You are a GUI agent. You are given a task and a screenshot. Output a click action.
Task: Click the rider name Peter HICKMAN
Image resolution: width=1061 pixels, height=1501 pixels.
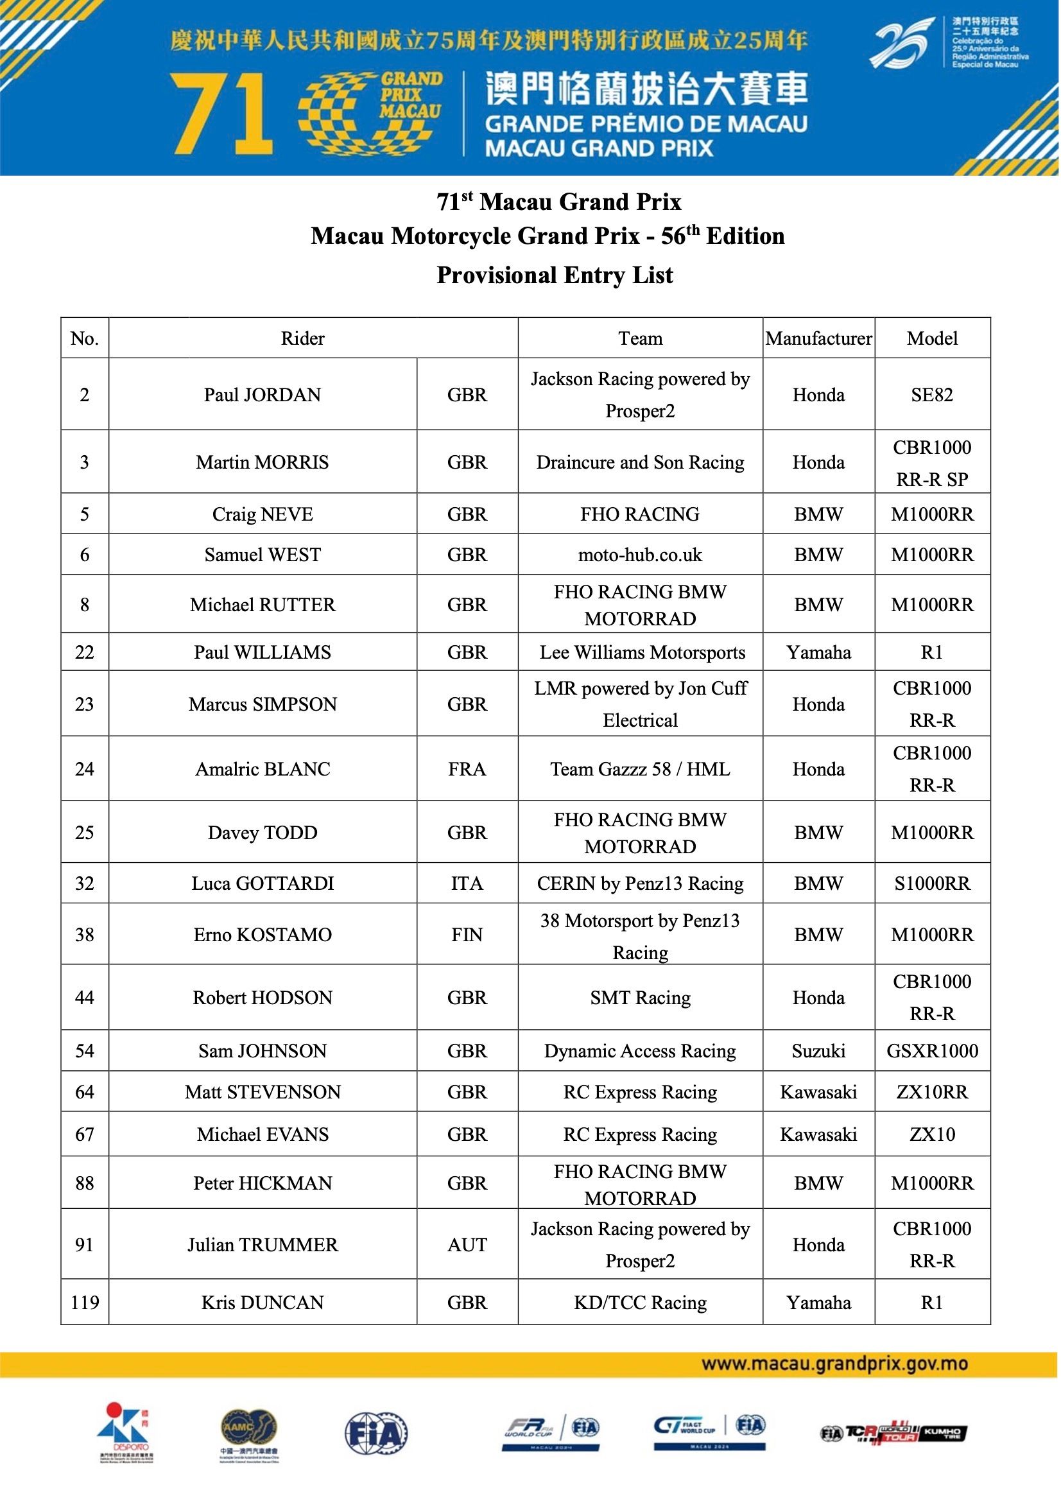click(x=262, y=1183)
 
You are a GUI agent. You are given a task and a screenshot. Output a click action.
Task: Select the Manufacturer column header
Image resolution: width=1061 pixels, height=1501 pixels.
click(x=818, y=338)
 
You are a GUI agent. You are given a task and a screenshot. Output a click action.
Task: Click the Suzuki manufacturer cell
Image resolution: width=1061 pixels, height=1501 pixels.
click(x=818, y=1050)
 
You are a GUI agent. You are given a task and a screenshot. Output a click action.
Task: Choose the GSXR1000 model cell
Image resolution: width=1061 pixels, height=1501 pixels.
click(x=931, y=1050)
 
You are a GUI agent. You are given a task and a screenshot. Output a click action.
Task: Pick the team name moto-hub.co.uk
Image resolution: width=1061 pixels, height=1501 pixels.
click(x=639, y=555)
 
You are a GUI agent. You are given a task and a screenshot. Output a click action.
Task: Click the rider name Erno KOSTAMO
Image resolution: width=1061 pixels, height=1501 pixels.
click(x=262, y=934)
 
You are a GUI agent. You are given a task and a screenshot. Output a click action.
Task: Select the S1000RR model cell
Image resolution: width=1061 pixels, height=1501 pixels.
click(x=931, y=883)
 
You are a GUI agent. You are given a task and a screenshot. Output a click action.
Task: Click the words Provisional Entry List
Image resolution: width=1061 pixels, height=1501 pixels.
click(x=555, y=275)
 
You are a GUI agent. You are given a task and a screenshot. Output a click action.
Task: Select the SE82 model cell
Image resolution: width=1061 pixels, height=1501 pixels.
click(x=931, y=394)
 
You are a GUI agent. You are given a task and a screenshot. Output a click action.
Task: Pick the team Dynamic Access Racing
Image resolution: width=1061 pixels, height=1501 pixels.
click(x=639, y=1050)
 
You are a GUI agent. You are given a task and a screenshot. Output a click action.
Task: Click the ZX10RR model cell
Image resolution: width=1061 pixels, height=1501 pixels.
click(x=931, y=1092)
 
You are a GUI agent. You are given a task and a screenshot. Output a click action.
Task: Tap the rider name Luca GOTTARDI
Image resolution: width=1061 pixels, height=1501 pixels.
click(x=262, y=883)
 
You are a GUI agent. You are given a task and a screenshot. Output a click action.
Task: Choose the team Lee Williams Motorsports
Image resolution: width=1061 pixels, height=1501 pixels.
click(x=642, y=652)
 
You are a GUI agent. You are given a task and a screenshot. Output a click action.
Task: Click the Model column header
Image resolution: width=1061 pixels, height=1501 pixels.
click(x=931, y=338)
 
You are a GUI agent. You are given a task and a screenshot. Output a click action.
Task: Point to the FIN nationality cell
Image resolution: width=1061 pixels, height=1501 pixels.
click(x=467, y=934)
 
